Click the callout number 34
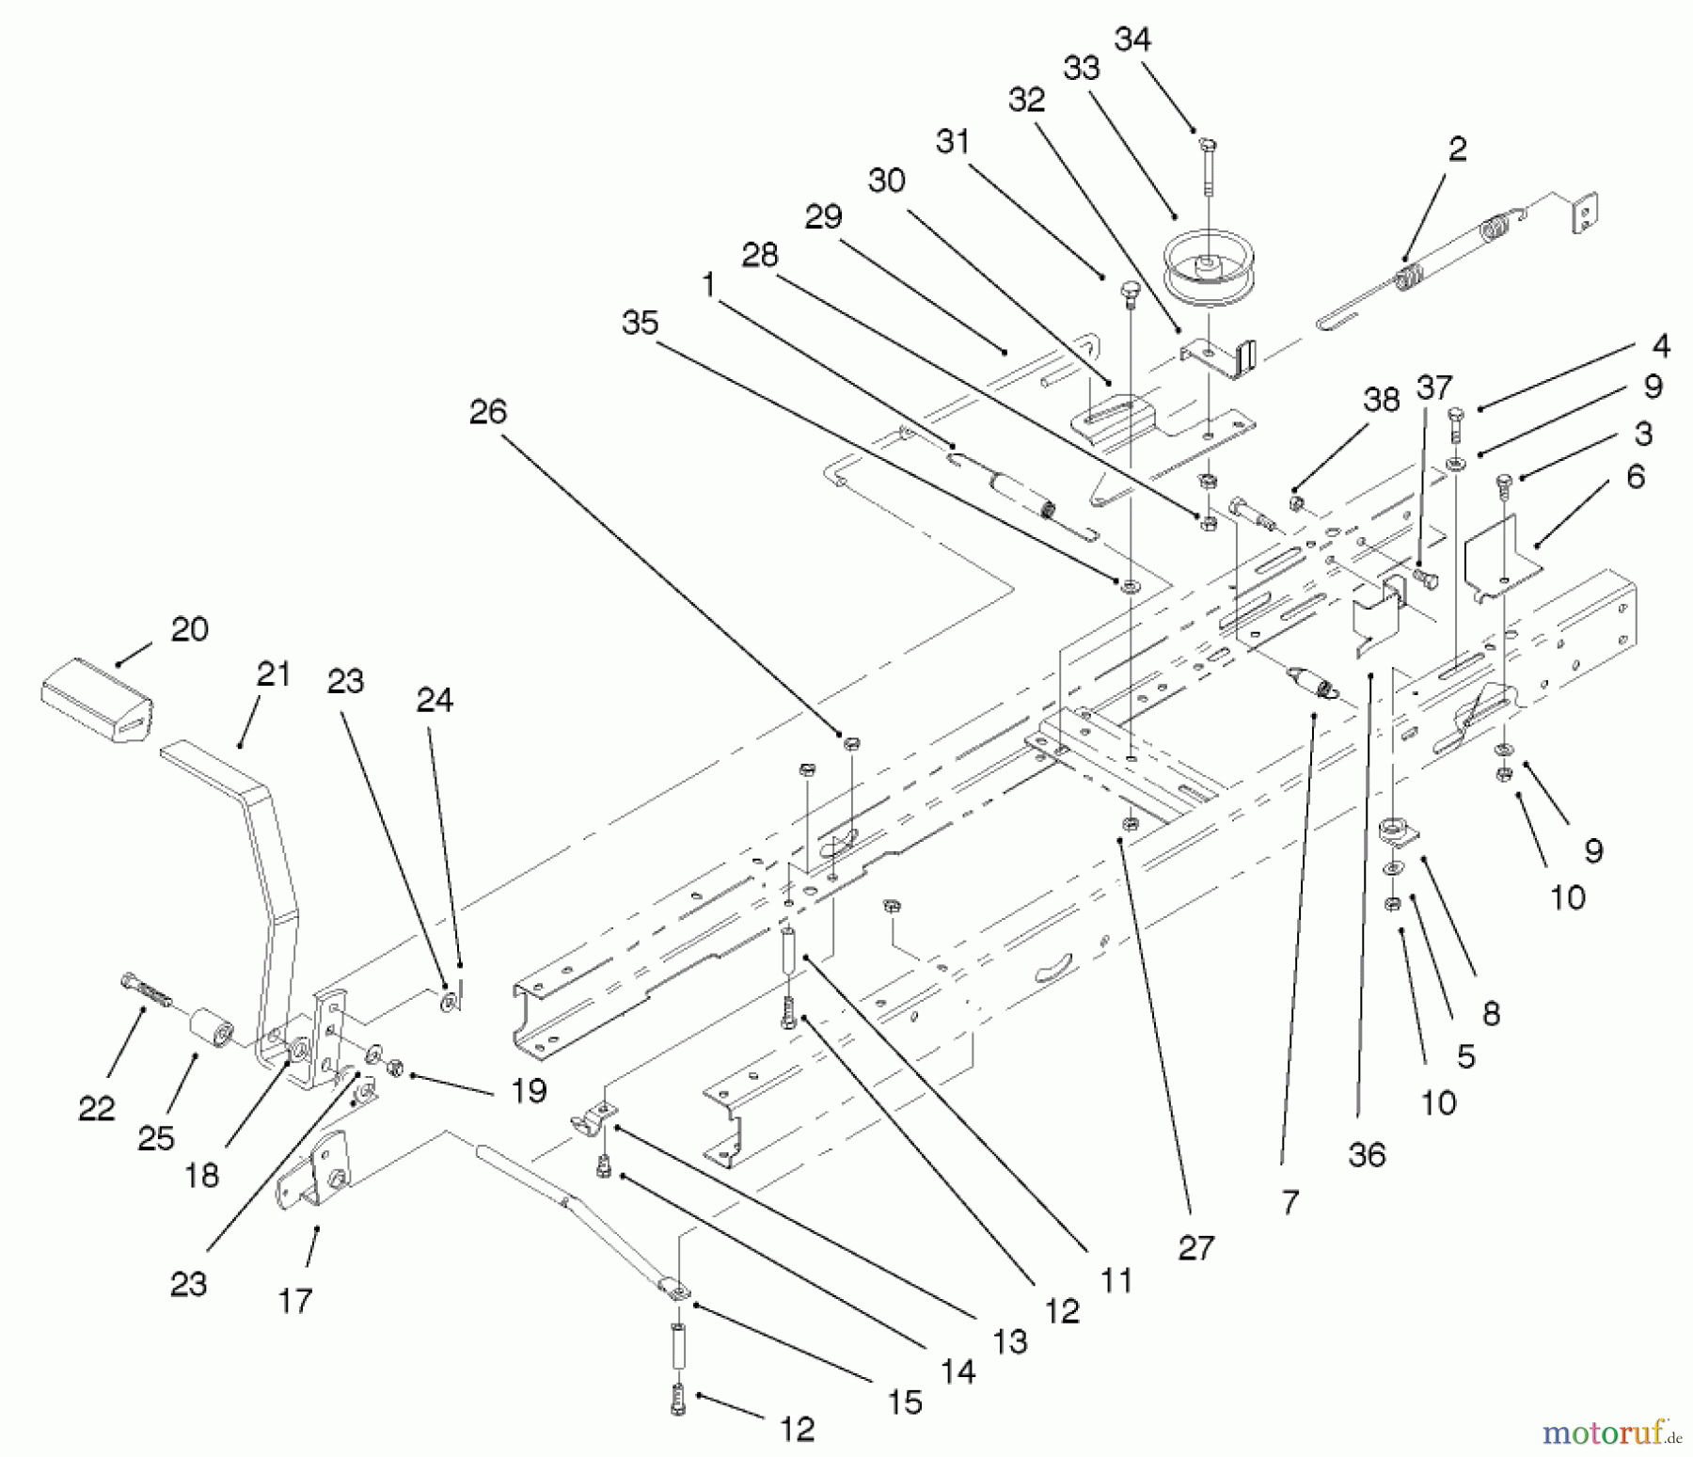[x=1132, y=40]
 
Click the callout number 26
[x=487, y=412]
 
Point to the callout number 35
[x=640, y=324]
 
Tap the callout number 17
[x=294, y=1301]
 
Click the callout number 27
[x=1195, y=1248]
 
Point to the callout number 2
[x=1457, y=149]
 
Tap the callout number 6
[x=1636, y=477]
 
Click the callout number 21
[x=273, y=674]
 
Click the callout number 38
[x=1381, y=400]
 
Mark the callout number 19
[x=529, y=1091]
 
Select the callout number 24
[x=434, y=700]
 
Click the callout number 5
[x=1465, y=1056]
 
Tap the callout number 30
[x=886, y=181]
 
